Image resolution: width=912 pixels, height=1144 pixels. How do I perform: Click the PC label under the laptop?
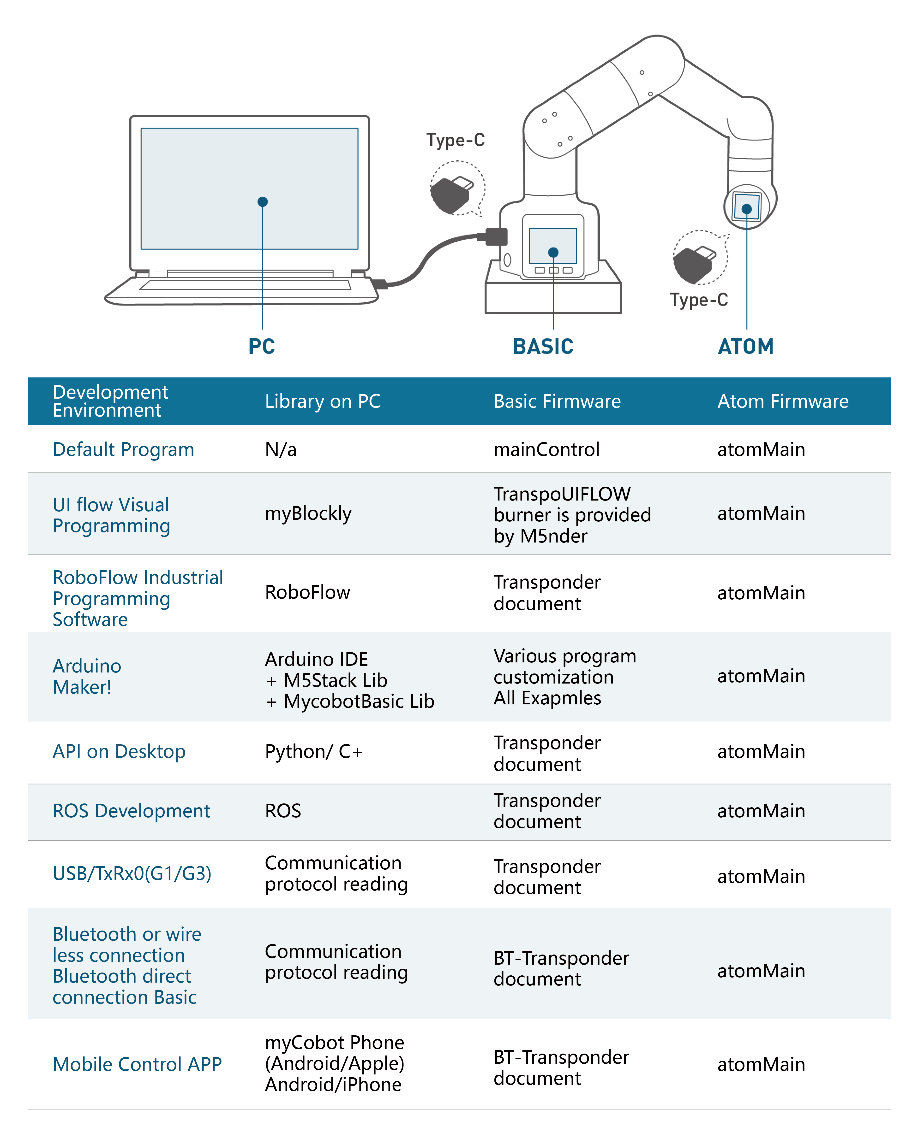tap(262, 347)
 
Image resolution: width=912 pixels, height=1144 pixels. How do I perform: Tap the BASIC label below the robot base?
tap(543, 347)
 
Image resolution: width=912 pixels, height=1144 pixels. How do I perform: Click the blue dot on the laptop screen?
tap(262, 202)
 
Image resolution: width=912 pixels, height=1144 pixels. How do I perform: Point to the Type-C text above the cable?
tap(456, 140)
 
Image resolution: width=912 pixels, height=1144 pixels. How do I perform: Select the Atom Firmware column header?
tap(783, 401)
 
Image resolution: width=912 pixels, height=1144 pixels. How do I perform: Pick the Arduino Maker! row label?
tap(87, 677)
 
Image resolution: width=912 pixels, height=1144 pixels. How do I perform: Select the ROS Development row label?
tap(131, 811)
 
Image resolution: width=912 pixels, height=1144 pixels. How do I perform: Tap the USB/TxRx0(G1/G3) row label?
tap(132, 873)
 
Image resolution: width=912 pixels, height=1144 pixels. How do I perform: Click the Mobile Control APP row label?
tap(137, 1064)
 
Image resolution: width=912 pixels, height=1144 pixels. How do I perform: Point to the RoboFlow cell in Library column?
tap(307, 592)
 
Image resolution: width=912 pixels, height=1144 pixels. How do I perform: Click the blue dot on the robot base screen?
tap(553, 252)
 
